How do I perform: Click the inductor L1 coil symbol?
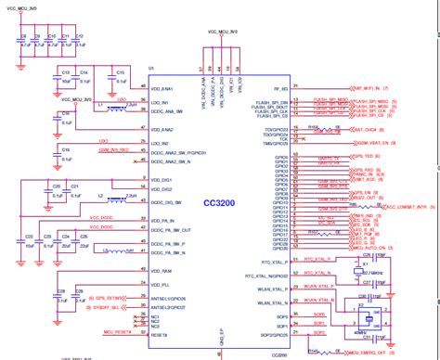pos(118,109)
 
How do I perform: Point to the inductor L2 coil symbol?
pos(118,199)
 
